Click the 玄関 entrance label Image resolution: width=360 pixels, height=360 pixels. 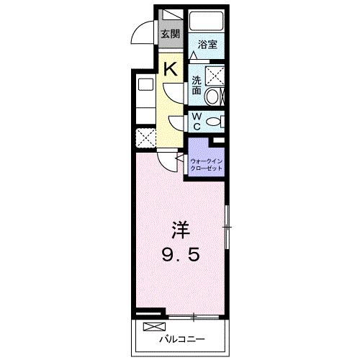169,34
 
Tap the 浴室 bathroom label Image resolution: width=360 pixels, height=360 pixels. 207,44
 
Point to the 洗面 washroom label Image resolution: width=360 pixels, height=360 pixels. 197,86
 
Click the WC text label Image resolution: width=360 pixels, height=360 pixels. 197,120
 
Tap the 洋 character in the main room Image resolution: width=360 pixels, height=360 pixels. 179,231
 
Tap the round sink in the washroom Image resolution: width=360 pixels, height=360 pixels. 213,97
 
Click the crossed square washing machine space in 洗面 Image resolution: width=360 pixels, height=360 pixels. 215,75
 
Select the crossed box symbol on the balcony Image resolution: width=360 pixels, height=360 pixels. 153,327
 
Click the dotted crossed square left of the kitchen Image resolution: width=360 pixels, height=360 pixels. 145,137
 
